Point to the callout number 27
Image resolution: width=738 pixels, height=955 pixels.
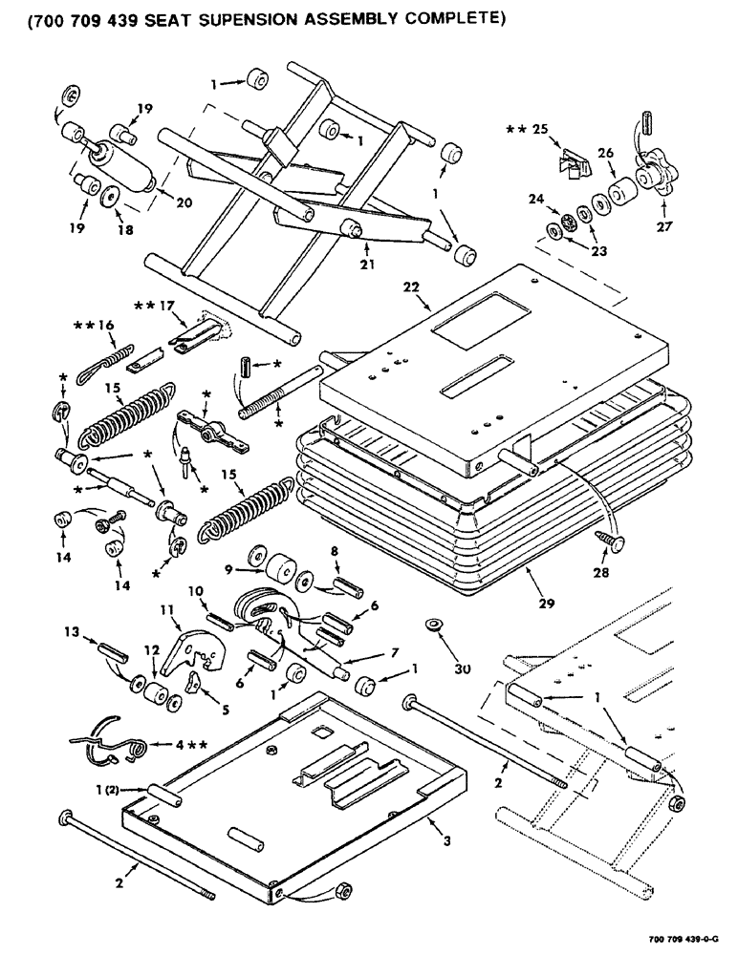coord(662,228)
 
